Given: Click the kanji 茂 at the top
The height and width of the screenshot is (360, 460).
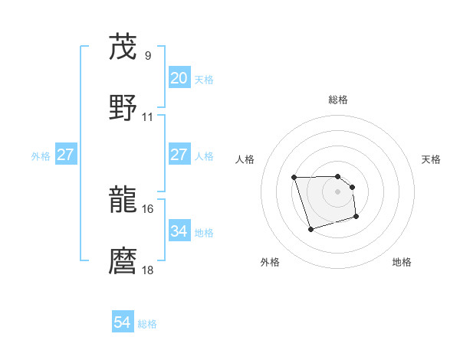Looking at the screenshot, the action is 123,47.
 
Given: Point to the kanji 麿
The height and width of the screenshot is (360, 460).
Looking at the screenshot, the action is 123,260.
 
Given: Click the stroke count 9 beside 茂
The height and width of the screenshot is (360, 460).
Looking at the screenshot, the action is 147,56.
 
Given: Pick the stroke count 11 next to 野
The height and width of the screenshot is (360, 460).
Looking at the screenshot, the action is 148,117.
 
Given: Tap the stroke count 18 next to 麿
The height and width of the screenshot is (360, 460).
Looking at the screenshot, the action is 148,270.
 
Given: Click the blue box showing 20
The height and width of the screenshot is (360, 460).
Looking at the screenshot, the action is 179,78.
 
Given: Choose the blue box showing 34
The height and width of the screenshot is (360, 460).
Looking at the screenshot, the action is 179,231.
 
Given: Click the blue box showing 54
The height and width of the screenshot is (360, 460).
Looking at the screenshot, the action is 122,322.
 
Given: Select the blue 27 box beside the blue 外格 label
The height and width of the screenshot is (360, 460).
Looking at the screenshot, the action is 65,155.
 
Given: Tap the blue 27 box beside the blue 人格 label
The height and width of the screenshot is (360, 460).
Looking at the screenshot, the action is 179,155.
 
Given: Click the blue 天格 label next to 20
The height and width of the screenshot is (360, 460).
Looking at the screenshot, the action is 204,79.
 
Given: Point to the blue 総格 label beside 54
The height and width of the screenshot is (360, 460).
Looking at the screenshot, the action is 147,323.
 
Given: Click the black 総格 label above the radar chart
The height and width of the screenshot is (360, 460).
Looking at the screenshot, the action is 338,100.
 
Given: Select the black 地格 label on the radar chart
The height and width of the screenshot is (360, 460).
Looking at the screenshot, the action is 402,262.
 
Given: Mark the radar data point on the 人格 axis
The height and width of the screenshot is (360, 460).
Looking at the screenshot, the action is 294,178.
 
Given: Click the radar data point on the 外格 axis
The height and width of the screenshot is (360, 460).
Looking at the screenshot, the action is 310,229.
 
